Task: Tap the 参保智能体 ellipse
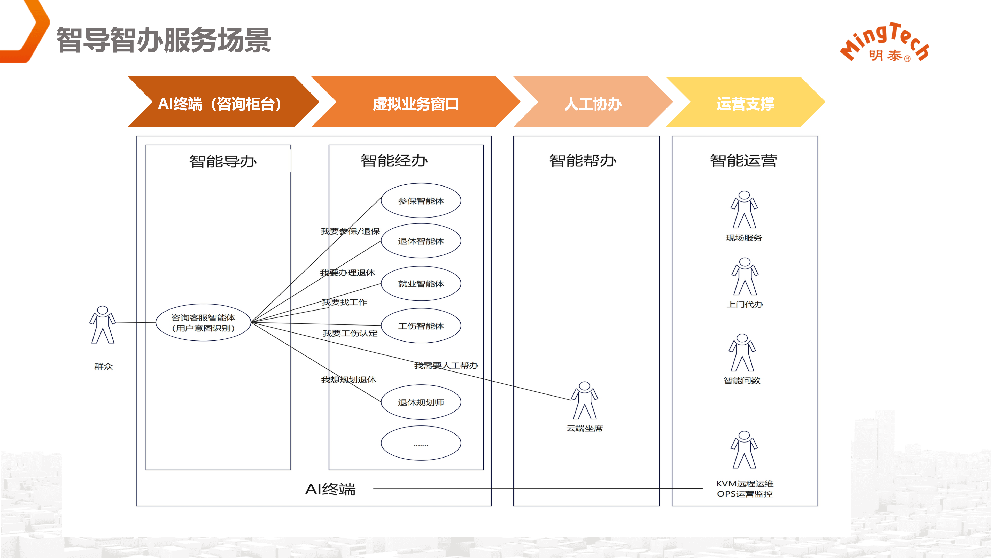421,201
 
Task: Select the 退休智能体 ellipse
421,241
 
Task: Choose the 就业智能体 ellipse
421,283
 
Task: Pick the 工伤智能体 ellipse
421,326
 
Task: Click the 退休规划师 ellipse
421,402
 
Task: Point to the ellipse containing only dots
421,443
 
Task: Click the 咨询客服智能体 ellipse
203,322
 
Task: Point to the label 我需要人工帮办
446,365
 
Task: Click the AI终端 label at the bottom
330,489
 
